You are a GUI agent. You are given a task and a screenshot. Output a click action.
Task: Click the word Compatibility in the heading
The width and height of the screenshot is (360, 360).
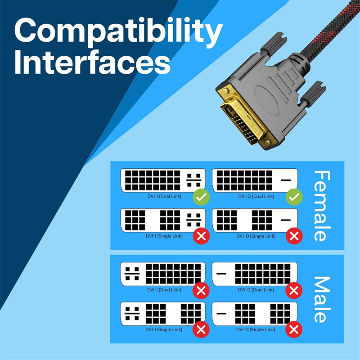click(118, 32)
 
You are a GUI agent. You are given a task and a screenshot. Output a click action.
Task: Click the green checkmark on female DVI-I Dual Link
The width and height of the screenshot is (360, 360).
click(200, 197)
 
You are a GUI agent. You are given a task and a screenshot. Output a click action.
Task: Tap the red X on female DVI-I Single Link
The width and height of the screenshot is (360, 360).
click(200, 235)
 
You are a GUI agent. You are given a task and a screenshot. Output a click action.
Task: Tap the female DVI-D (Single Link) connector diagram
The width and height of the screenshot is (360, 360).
click(255, 220)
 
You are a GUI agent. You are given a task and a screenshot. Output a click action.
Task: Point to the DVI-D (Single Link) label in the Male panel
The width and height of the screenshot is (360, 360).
click(255, 329)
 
